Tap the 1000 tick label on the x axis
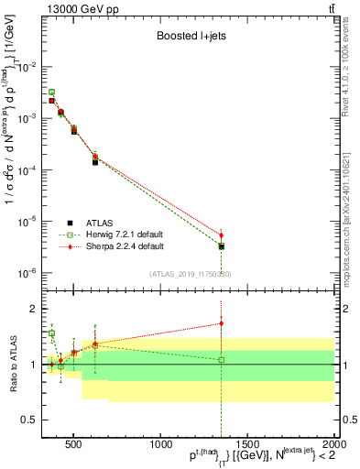(158, 444)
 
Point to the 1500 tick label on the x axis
(246, 444)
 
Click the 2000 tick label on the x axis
(332, 444)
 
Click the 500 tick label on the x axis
(73, 444)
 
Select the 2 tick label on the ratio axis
(36, 309)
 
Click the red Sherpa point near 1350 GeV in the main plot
(221, 234)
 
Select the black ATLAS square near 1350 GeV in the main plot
(221, 246)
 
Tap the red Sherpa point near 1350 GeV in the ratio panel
(221, 322)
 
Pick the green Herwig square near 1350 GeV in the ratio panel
(221, 359)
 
